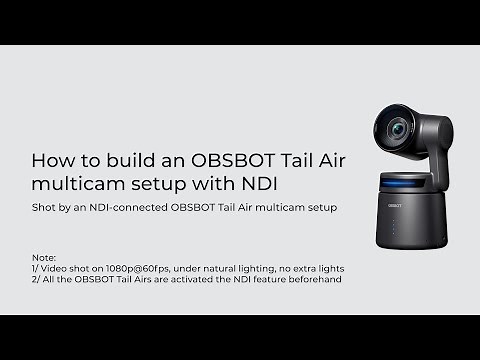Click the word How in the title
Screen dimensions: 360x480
(x=51, y=160)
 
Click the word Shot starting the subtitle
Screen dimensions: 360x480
(x=44, y=208)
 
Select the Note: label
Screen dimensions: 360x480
(x=45, y=256)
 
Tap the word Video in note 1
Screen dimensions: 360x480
(x=56, y=267)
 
